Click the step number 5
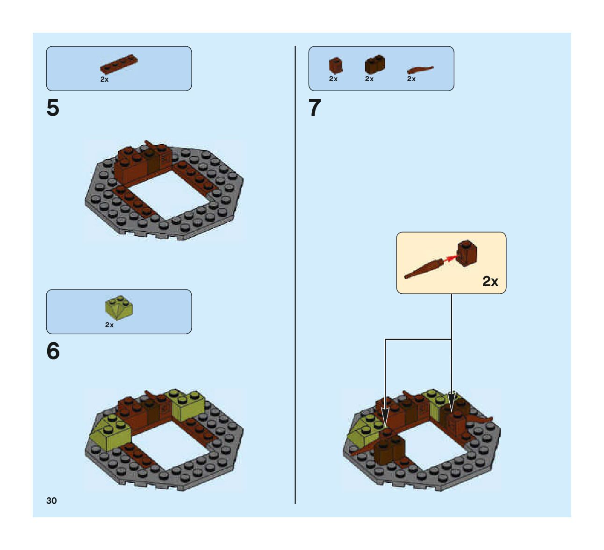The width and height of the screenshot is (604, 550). click(x=53, y=108)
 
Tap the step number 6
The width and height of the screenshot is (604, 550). click(x=53, y=351)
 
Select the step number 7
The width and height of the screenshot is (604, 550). click(x=315, y=108)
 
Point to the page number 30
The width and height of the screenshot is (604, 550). click(x=51, y=501)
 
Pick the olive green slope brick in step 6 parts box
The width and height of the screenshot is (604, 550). click(x=119, y=307)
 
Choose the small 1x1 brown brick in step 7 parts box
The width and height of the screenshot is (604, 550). click(x=335, y=65)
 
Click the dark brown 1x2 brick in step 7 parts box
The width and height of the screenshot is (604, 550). click(x=374, y=64)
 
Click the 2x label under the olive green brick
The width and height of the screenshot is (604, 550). click(x=109, y=325)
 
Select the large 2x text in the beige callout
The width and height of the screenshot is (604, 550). click(x=490, y=281)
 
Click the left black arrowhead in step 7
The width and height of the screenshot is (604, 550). click(x=385, y=415)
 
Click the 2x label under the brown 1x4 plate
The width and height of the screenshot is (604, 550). click(x=104, y=79)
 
